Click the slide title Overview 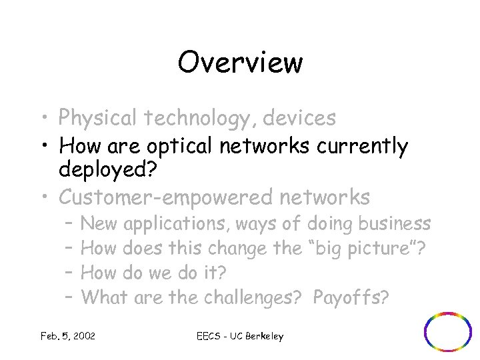(x=240, y=63)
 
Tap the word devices (x=299, y=118)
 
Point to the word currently (x=361, y=147)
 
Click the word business (x=394, y=223)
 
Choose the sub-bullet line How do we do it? (x=153, y=273)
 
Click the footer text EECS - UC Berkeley (x=241, y=336)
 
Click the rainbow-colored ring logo (x=448, y=331)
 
